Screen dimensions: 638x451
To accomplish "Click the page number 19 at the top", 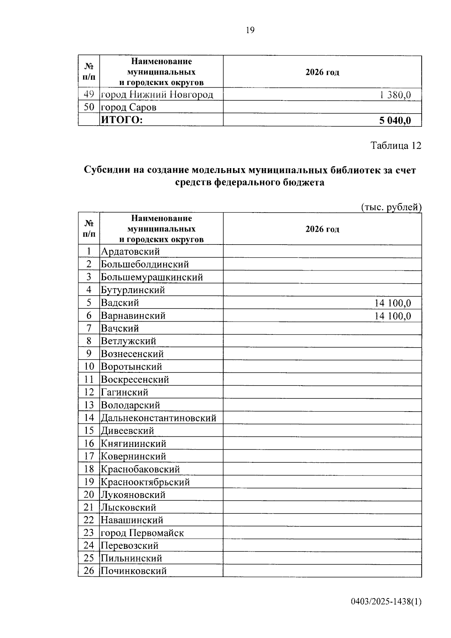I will [250, 30].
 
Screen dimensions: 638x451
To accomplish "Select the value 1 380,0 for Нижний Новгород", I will [395, 95].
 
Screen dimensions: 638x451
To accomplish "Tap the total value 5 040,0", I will [395, 120].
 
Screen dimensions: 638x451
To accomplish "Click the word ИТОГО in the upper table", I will [122, 120].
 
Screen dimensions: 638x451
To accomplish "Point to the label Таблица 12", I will [396, 146].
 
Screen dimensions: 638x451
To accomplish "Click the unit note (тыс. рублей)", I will [391, 207].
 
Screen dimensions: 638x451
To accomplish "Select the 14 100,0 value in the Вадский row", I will [392, 303].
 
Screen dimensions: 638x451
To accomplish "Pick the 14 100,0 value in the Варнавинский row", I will [392, 316].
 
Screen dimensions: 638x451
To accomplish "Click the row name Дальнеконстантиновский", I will [159, 418].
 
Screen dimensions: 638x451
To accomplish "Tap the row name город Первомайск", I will [142, 533].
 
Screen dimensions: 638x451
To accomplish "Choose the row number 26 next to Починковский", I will [89, 571].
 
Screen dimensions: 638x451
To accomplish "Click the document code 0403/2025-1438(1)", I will [386, 602].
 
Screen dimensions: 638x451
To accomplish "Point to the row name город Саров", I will [129, 108].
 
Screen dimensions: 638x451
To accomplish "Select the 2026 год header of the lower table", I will [322, 229].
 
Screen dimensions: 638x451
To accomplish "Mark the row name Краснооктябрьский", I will [145, 482].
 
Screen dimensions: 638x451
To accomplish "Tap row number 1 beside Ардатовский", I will [89, 251].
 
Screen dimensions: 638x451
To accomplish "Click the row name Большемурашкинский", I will [152, 277].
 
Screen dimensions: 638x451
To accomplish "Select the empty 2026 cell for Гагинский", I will [322, 392].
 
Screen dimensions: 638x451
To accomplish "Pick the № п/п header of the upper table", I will [89, 72].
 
